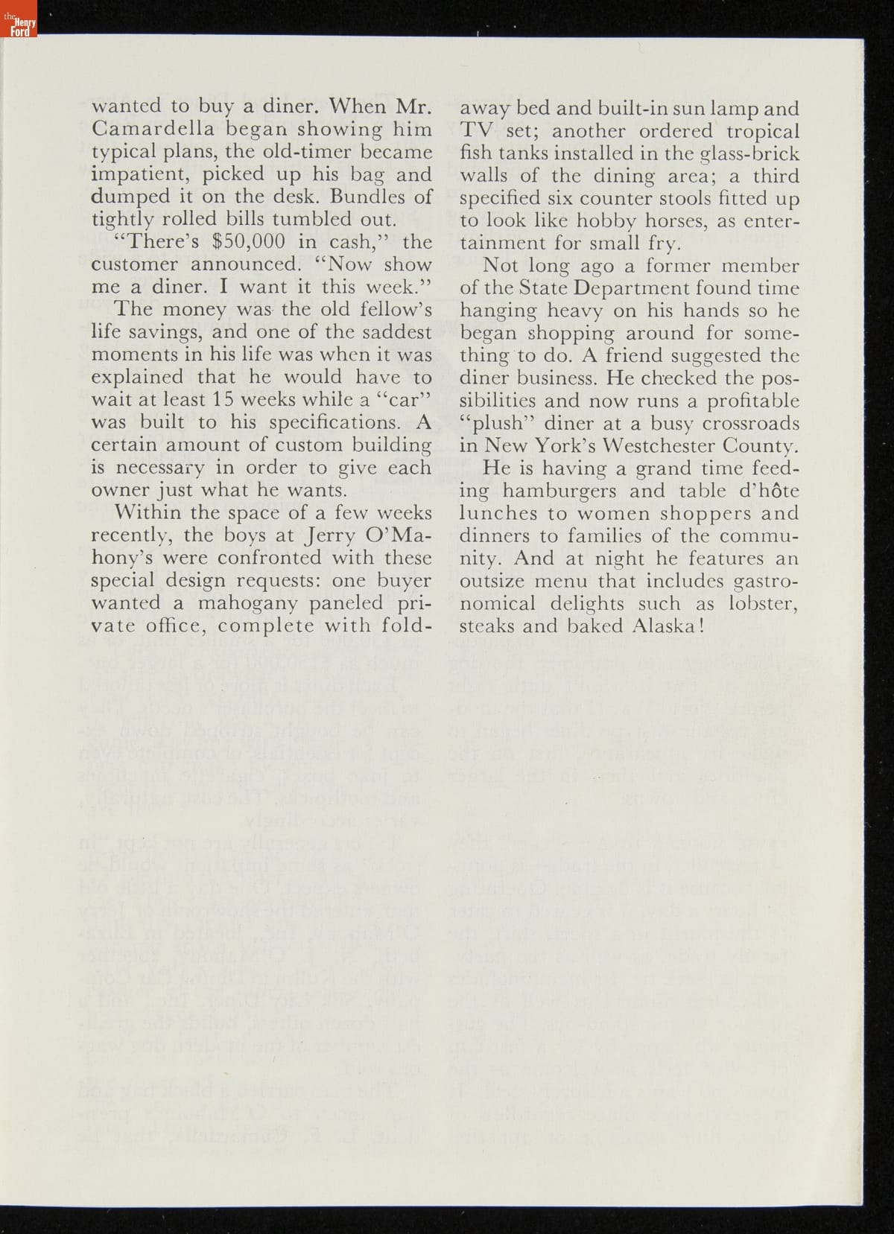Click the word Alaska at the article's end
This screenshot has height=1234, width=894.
pos(661,626)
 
